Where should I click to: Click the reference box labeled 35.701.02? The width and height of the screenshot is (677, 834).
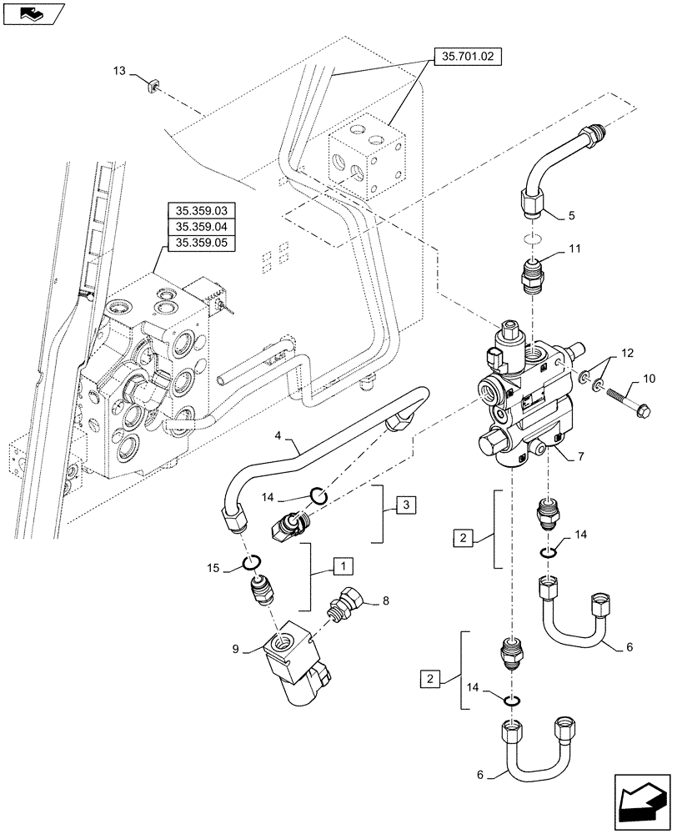pyautogui.click(x=469, y=58)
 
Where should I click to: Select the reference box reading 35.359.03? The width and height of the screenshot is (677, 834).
pyautogui.click(x=202, y=209)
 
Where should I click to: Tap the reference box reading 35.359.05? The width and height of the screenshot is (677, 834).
pyautogui.click(x=202, y=243)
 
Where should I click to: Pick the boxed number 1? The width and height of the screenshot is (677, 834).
pyautogui.click(x=341, y=566)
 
